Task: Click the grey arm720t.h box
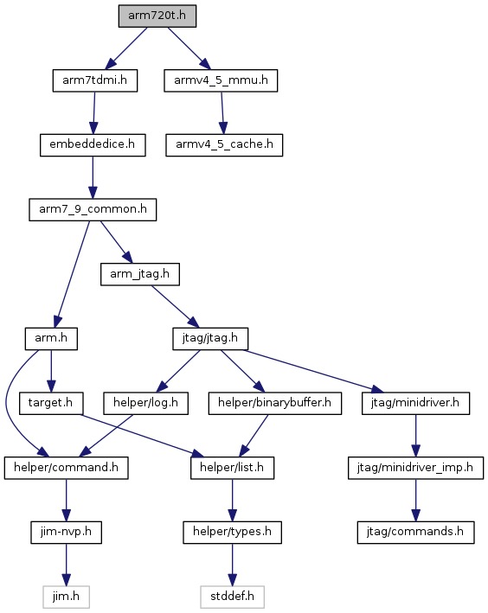click(157, 16)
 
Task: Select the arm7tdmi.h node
click(95, 80)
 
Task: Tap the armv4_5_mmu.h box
click(221, 80)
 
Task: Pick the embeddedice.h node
click(93, 145)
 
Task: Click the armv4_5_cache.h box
click(224, 145)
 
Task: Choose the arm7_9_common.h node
click(93, 209)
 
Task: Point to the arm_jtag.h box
click(140, 274)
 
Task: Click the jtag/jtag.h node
click(210, 339)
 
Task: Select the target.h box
click(51, 403)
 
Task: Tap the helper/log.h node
click(146, 403)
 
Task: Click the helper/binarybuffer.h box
click(275, 403)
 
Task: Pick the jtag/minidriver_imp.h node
click(415, 468)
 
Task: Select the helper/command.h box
click(67, 468)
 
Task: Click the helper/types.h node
click(233, 532)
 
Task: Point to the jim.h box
click(66, 597)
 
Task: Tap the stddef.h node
click(233, 597)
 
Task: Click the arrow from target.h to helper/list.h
click(143, 436)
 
